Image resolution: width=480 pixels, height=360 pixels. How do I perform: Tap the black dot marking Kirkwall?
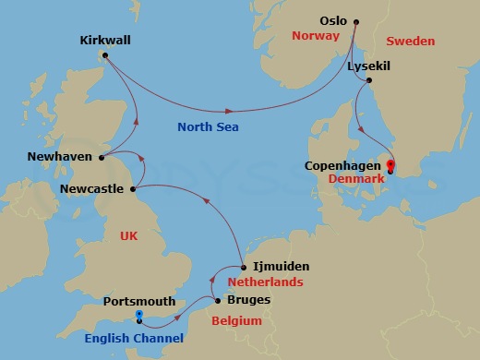(x=105, y=55)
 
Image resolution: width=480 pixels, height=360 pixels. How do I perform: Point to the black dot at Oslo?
(x=356, y=21)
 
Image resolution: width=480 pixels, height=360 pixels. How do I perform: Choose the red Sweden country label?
(x=410, y=41)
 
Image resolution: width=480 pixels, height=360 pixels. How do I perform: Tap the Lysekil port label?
(x=371, y=66)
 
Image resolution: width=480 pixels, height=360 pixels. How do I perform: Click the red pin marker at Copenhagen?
(x=391, y=166)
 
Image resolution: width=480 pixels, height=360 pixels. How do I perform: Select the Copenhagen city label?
(x=342, y=166)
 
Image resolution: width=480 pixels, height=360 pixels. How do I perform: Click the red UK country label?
(x=130, y=236)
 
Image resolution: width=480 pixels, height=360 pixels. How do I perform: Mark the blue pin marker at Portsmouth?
(x=138, y=316)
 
